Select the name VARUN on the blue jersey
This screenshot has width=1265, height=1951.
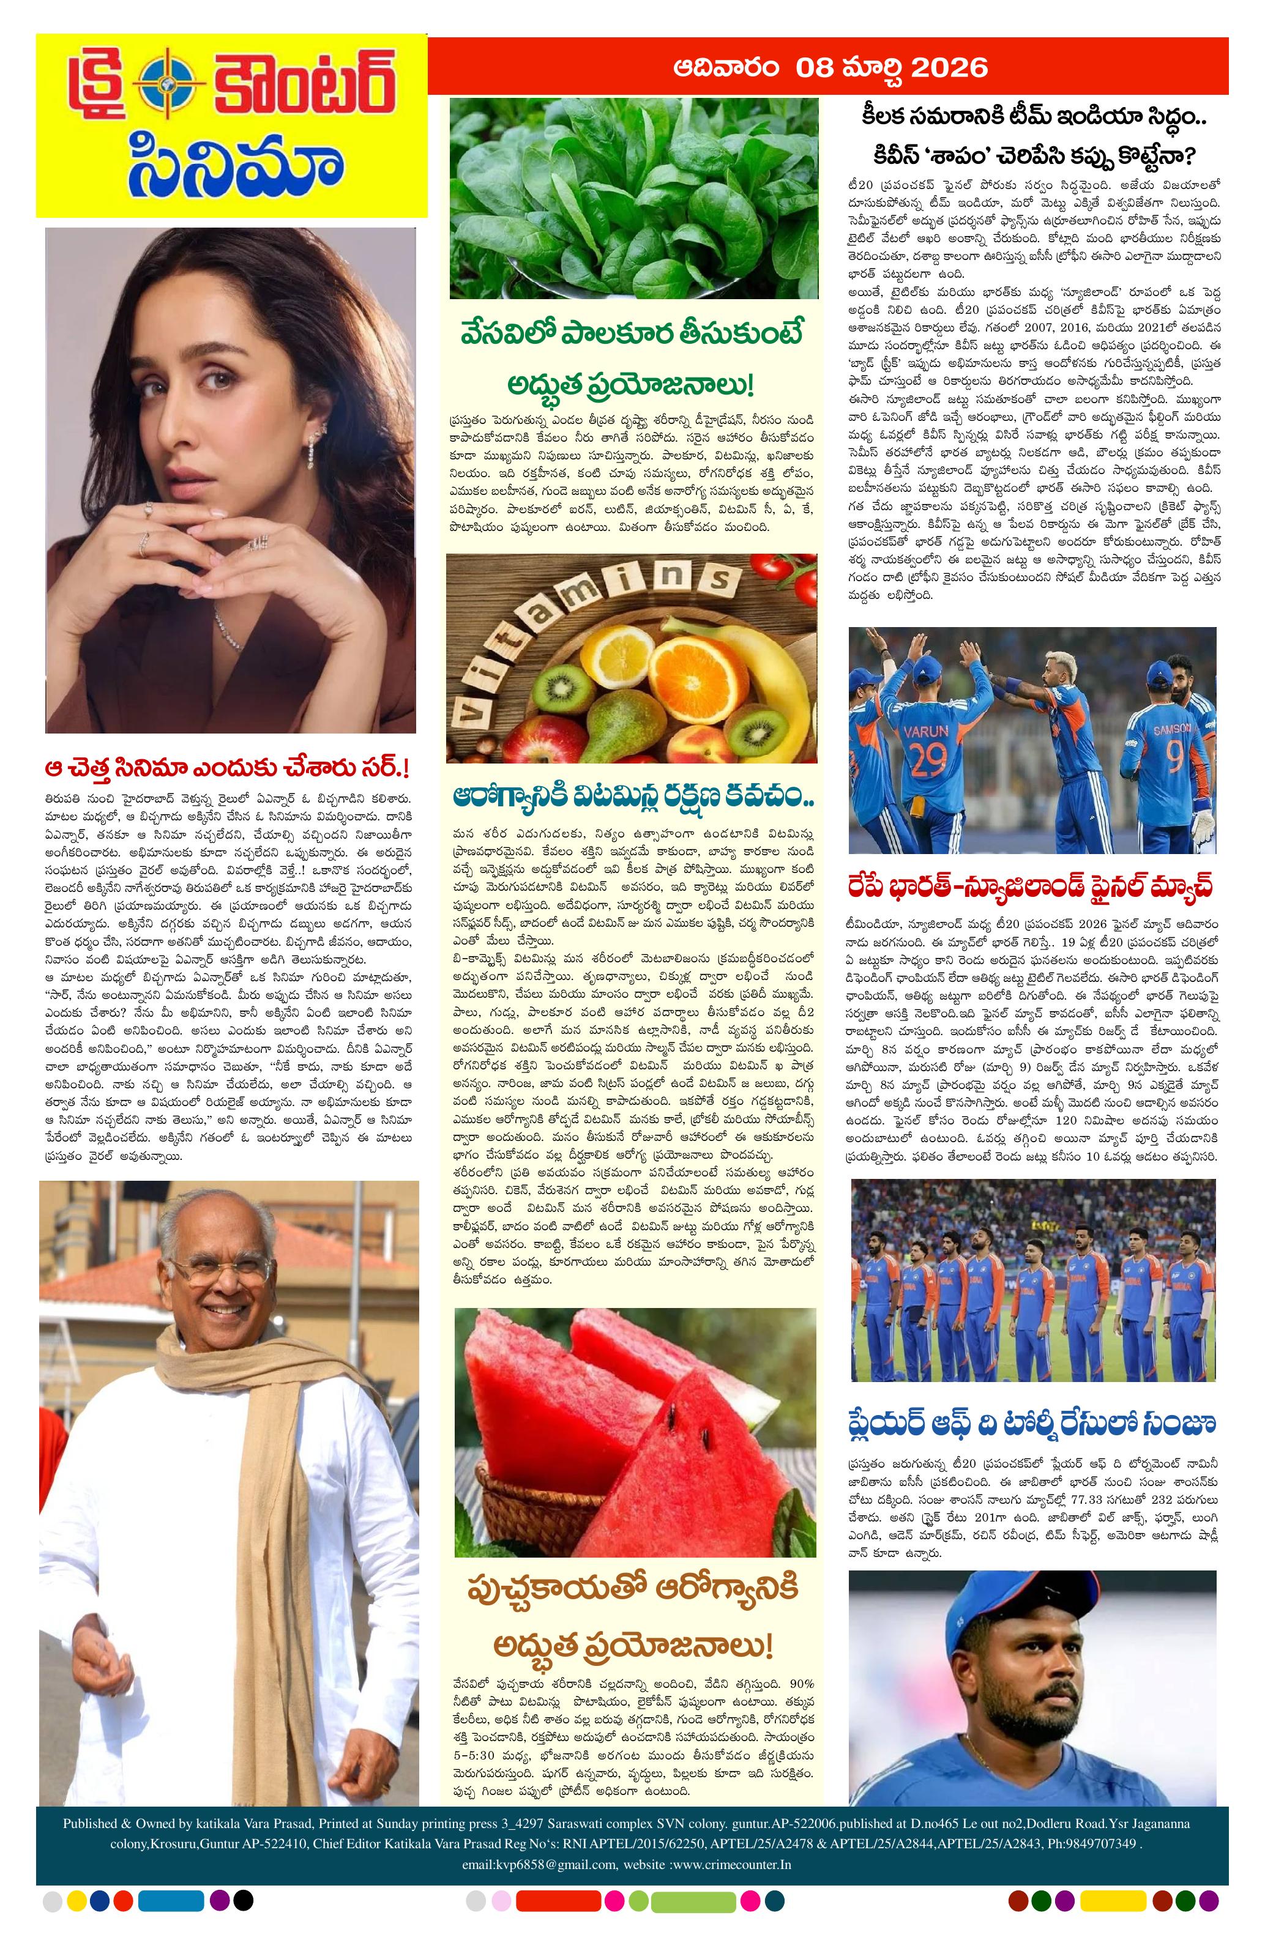(925, 730)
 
